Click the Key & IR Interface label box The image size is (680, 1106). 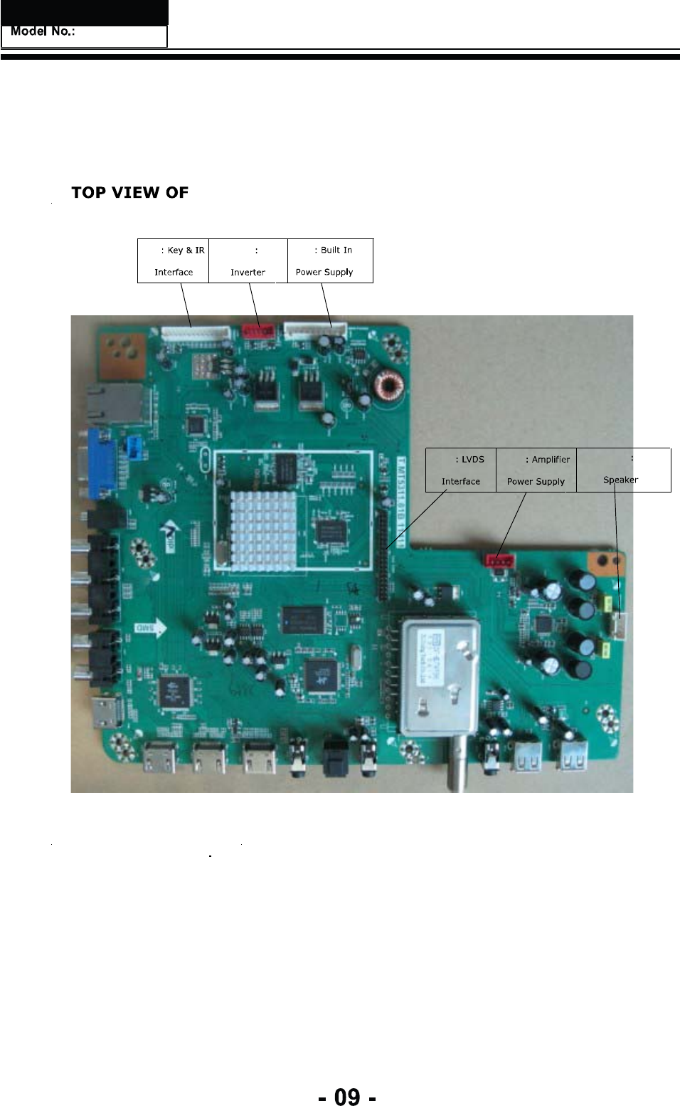[x=173, y=260]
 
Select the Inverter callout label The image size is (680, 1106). [x=248, y=260]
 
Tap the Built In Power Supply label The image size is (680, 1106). [x=330, y=260]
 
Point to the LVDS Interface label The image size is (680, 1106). [x=461, y=470]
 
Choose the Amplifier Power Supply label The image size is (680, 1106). [x=536, y=470]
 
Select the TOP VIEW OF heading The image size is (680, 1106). [x=129, y=192]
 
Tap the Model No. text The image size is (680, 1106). [x=43, y=32]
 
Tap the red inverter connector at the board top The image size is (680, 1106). [x=257, y=331]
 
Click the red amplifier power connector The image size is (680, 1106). [x=499, y=561]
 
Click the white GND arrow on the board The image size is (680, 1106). [x=151, y=628]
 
